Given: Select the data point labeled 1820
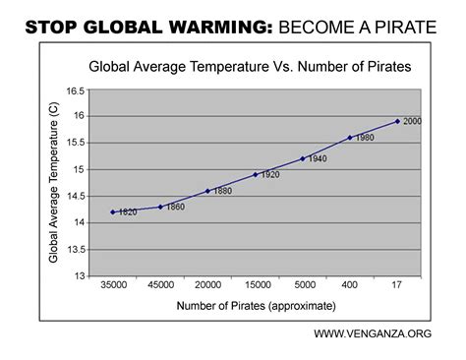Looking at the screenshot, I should [x=113, y=211].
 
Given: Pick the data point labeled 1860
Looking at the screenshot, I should [x=160, y=207].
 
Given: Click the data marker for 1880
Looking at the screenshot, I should [x=207, y=191].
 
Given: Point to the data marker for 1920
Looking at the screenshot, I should [x=255, y=174].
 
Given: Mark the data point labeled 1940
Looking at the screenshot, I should [x=302, y=158].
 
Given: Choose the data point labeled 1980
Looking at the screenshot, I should [x=349, y=138].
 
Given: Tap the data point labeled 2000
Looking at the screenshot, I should [x=397, y=121].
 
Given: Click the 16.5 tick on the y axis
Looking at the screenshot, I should [x=75, y=90].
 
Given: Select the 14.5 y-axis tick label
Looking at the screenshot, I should [x=75, y=196].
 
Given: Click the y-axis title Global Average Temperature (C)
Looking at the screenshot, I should [x=54, y=184].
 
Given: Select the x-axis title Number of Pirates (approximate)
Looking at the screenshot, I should [x=255, y=307].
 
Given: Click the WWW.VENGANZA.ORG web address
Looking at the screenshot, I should [x=373, y=334].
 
